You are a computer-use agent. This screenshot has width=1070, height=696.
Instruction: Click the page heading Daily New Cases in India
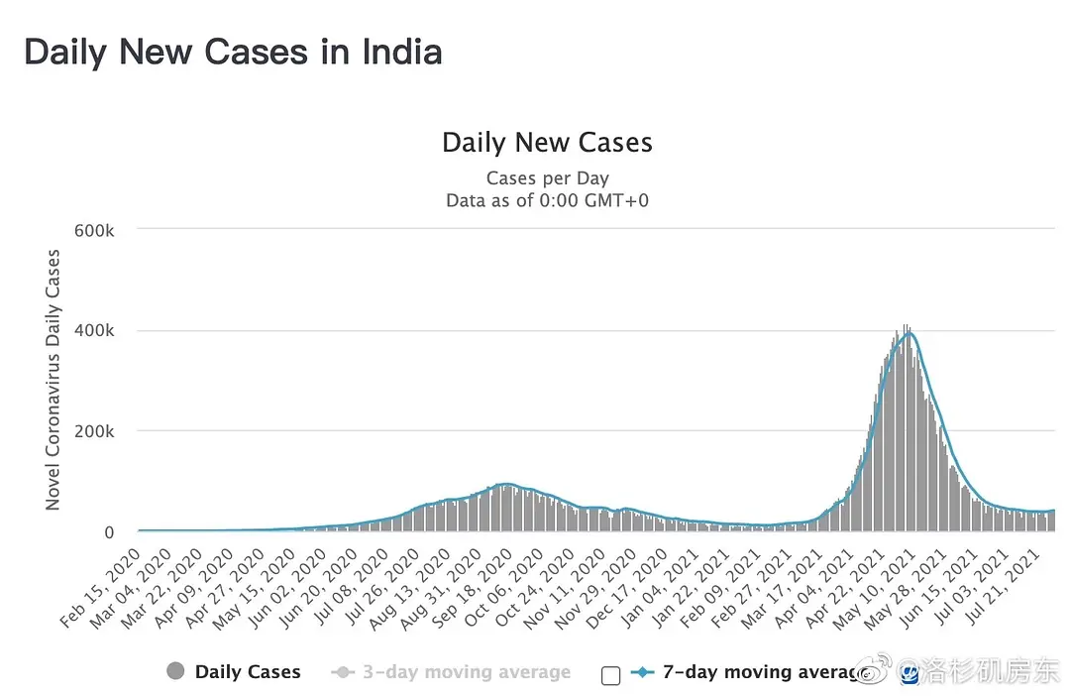point(233,52)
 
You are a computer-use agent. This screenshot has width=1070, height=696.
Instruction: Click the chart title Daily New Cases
point(547,143)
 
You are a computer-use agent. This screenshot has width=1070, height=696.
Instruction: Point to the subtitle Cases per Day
point(547,178)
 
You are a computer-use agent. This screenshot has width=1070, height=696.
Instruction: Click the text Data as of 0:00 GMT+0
point(547,200)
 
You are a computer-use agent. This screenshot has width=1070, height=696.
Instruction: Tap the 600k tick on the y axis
point(95,230)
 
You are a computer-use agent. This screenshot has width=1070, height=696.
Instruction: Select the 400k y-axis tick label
point(95,330)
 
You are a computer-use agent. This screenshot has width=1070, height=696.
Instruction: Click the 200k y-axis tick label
point(95,431)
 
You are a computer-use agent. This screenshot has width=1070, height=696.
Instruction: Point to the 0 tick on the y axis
point(109,532)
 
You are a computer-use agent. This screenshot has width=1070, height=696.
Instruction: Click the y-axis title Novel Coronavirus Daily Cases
point(53,380)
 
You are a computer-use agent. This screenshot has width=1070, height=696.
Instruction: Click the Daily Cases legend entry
point(248,672)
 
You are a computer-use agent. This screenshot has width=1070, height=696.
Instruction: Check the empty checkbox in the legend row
point(610,675)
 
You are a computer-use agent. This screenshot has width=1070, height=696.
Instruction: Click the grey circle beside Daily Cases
point(176,671)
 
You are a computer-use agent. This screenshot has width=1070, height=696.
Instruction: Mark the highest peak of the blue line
point(907,333)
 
